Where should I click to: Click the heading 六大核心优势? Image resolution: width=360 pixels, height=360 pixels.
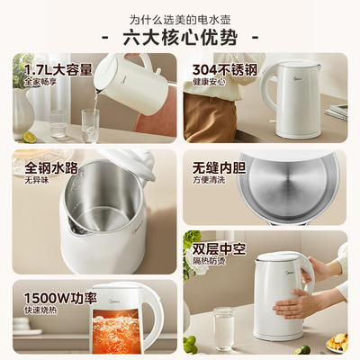point(180,38)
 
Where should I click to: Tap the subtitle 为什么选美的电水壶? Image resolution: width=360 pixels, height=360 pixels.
point(180,20)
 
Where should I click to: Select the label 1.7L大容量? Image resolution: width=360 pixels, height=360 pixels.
point(58,70)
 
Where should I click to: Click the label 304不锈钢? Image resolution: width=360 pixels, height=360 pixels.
point(225,70)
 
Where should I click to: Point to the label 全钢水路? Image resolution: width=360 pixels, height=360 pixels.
point(51,168)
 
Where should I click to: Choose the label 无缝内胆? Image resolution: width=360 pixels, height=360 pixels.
point(219,168)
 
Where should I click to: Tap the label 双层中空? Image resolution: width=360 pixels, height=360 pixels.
point(219,249)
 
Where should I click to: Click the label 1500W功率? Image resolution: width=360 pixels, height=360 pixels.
point(60,298)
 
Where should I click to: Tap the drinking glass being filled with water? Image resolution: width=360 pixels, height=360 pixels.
point(90,125)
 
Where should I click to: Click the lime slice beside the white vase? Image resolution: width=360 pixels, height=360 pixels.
point(30,137)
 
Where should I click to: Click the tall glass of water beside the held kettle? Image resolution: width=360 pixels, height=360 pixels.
point(224,328)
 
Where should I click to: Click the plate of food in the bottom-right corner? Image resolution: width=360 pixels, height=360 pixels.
point(337,342)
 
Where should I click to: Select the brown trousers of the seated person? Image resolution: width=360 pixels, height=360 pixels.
point(210,118)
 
